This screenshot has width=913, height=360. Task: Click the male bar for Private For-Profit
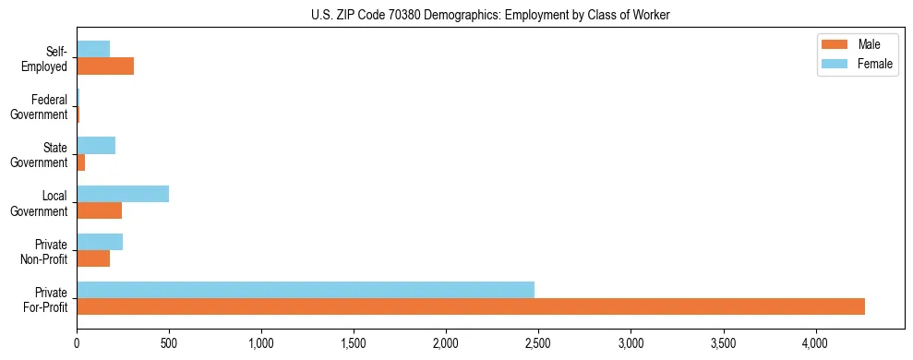point(471,306)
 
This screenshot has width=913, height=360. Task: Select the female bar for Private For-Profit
point(306,290)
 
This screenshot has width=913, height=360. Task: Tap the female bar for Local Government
point(123,194)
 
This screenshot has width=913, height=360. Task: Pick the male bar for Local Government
point(100,210)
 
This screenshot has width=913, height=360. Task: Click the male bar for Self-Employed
point(105,66)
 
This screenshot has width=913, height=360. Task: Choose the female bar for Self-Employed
point(93,50)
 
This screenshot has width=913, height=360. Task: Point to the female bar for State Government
point(96,146)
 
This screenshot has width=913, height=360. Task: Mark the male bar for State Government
point(81,162)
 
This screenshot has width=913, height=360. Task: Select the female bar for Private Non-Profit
point(100,242)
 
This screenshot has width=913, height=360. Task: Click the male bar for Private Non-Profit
point(93,258)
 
